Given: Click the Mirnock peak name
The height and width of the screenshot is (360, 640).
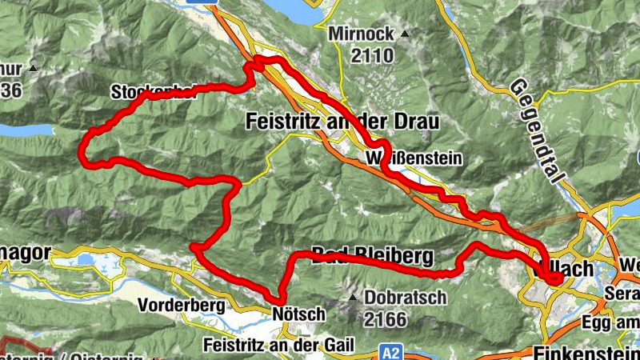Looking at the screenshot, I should tap(361, 35).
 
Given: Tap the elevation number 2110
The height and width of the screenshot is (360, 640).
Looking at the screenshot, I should tap(372, 55).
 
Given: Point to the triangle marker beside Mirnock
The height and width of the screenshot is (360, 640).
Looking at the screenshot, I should tap(405, 34).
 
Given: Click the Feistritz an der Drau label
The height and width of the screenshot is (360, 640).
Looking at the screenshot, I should tap(341, 121).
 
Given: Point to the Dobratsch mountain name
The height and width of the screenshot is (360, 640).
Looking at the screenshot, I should tap(406, 297).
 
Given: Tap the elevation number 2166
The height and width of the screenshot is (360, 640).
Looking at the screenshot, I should tap(386, 319).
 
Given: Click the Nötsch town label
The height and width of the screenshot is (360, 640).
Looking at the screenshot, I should tap(298, 314).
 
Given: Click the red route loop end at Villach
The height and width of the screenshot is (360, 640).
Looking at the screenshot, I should tap(555, 277).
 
